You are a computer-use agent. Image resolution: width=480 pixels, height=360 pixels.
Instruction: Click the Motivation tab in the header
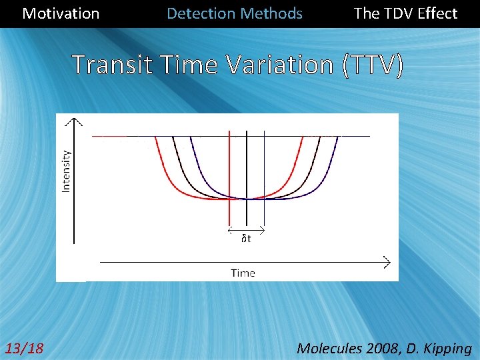pos(61,13)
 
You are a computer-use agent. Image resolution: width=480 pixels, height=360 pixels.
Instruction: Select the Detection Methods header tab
pos(234,13)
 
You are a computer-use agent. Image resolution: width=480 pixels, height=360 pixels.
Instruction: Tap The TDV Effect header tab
pos(405,13)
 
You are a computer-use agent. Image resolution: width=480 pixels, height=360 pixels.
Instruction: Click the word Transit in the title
pos(110,65)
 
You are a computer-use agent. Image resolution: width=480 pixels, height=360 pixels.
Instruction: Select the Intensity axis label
pos(67,171)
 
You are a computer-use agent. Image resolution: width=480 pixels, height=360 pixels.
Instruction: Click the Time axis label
pos(243,273)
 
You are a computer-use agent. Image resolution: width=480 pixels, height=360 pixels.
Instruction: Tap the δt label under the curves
pos(246,239)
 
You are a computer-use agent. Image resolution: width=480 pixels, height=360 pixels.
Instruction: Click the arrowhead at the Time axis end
pos(387,261)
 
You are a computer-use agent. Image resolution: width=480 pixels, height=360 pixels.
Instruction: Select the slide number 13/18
pos(24,348)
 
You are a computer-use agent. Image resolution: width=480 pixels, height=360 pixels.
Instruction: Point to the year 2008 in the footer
pos(382,348)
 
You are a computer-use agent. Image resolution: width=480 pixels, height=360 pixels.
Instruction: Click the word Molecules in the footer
pos(328,348)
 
